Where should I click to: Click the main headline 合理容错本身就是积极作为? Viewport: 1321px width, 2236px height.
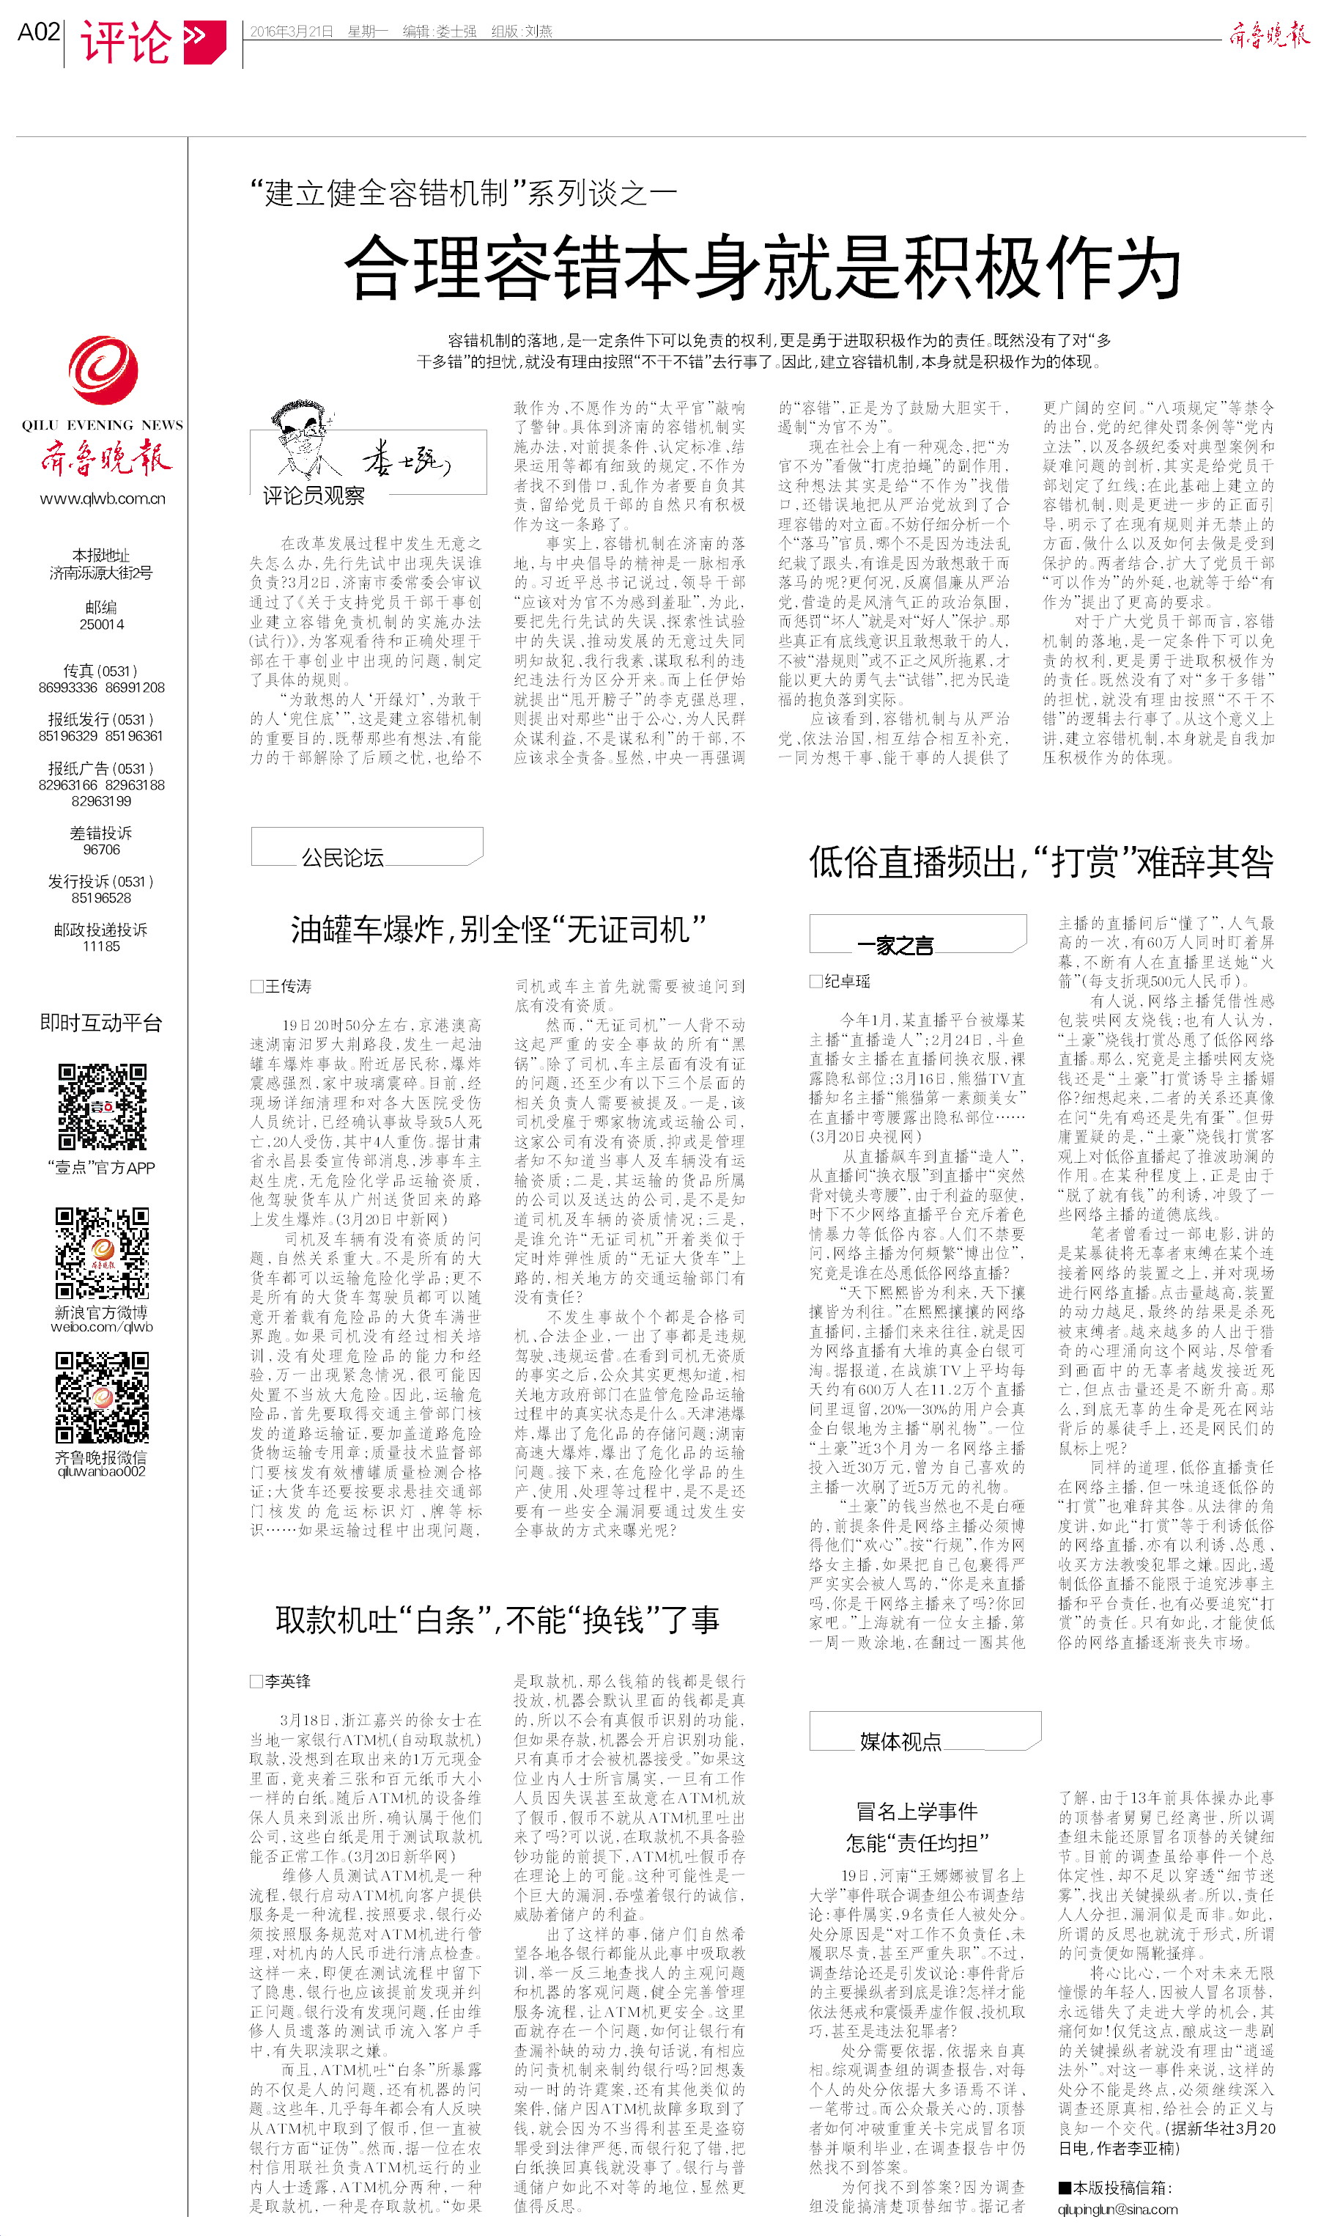click(762, 266)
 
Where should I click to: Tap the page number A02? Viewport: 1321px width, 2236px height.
click(38, 32)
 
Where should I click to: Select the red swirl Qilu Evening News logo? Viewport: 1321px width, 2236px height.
click(103, 369)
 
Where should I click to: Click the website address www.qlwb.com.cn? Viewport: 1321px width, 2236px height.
click(103, 499)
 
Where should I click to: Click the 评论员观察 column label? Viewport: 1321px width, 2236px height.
click(314, 495)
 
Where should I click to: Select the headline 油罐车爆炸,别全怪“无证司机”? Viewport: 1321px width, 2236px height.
click(497, 930)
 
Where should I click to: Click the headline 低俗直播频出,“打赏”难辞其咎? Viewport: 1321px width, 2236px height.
click(1040, 862)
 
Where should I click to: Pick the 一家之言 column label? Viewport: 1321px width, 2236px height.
click(895, 946)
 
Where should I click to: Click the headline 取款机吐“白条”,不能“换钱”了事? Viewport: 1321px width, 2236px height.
click(497, 1619)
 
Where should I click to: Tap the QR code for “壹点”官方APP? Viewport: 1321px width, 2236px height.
click(103, 1107)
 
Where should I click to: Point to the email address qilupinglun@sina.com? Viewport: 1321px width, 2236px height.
click(1117, 2210)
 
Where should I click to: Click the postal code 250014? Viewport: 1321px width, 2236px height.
click(102, 624)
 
